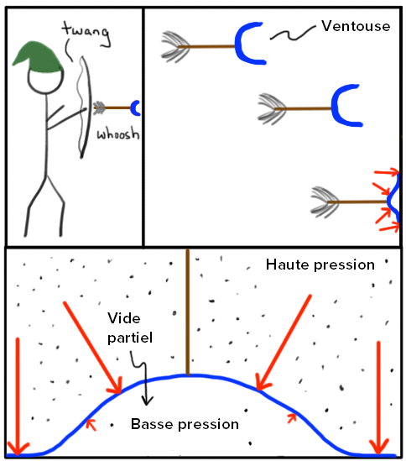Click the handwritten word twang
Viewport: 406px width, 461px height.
point(86,33)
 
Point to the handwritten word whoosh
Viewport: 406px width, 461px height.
point(118,134)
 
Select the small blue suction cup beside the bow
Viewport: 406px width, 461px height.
point(135,107)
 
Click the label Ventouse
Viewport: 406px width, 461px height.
point(356,26)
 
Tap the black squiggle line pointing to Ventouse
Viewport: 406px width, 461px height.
point(292,34)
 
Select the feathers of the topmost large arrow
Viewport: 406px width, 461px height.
point(175,47)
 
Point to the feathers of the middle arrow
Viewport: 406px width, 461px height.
point(272,109)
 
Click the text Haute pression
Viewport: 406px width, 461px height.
point(320,265)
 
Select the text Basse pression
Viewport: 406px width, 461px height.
point(185,424)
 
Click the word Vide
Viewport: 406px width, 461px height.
point(124,318)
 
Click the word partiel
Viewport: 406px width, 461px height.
point(130,338)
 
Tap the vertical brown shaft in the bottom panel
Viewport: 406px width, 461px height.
point(187,312)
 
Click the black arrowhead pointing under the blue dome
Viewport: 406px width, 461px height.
point(147,400)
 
